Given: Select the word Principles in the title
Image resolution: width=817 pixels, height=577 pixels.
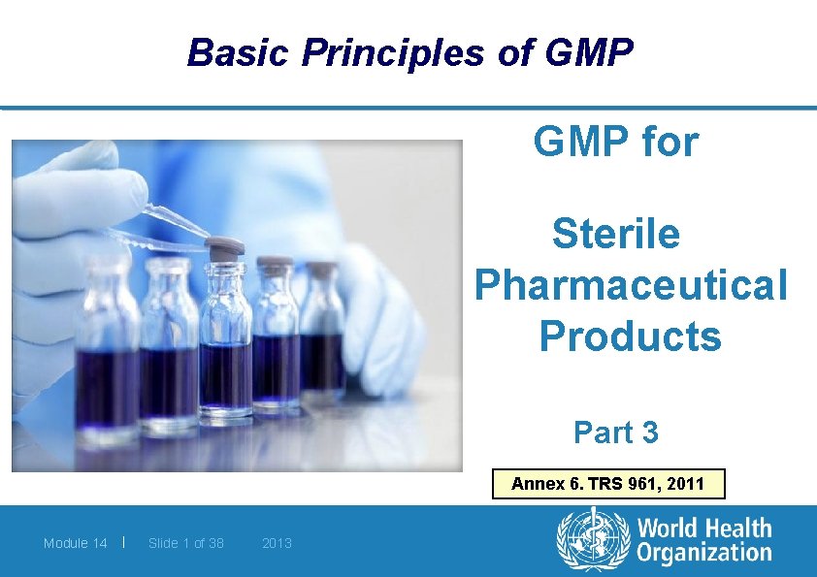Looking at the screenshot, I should tap(393, 52).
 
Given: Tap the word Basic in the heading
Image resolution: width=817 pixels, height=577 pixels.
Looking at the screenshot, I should tap(239, 52).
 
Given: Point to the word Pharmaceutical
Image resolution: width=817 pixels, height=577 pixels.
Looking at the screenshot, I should tap(631, 285).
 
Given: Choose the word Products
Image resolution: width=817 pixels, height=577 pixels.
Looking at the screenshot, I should tap(630, 337).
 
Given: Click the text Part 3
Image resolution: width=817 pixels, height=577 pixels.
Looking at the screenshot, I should tap(615, 433).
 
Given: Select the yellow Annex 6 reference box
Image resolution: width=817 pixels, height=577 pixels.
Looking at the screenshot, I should tap(608, 483).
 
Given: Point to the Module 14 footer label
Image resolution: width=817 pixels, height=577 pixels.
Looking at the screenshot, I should tap(75, 543).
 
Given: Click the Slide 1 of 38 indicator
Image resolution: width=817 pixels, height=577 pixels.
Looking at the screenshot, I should tap(185, 543).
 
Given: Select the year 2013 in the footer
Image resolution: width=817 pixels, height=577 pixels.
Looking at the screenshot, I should tap(277, 543).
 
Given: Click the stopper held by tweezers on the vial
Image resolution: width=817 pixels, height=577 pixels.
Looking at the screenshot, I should tap(226, 249).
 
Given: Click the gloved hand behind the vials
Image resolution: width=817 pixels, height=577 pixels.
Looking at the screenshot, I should tap(383, 310).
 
